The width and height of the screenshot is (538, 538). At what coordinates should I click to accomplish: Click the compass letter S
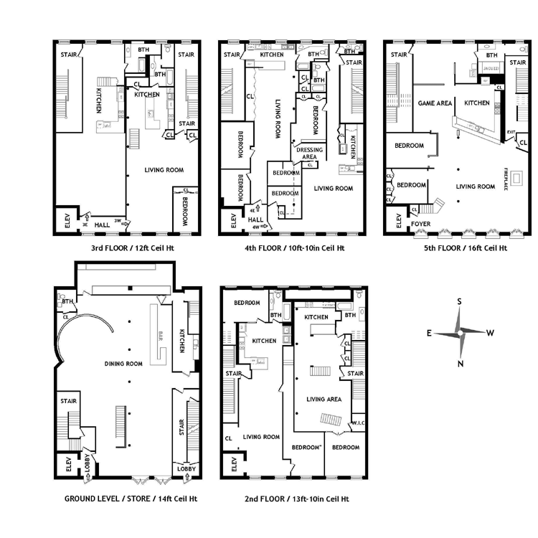point(460,302)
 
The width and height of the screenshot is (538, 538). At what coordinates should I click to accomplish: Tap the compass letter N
point(460,364)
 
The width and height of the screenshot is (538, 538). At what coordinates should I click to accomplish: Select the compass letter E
point(429,333)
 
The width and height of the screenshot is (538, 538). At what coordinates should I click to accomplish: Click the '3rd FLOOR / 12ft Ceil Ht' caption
point(132,248)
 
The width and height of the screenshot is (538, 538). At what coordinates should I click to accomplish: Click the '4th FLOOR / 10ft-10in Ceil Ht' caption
point(293,248)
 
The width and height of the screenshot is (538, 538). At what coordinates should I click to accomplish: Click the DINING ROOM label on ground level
point(123,364)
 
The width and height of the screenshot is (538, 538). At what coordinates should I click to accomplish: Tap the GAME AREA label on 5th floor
point(435,103)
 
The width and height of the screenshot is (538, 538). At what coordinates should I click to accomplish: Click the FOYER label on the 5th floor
point(421,224)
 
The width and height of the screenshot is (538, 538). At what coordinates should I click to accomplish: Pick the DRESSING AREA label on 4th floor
point(310,154)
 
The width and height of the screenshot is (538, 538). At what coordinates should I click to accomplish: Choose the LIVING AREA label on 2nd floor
point(324,400)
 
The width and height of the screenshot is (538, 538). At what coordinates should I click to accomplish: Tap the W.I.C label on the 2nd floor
point(358,423)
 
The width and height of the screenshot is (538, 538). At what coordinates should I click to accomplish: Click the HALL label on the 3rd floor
point(103,224)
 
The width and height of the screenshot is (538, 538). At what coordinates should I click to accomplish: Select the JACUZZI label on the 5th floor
point(491,68)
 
